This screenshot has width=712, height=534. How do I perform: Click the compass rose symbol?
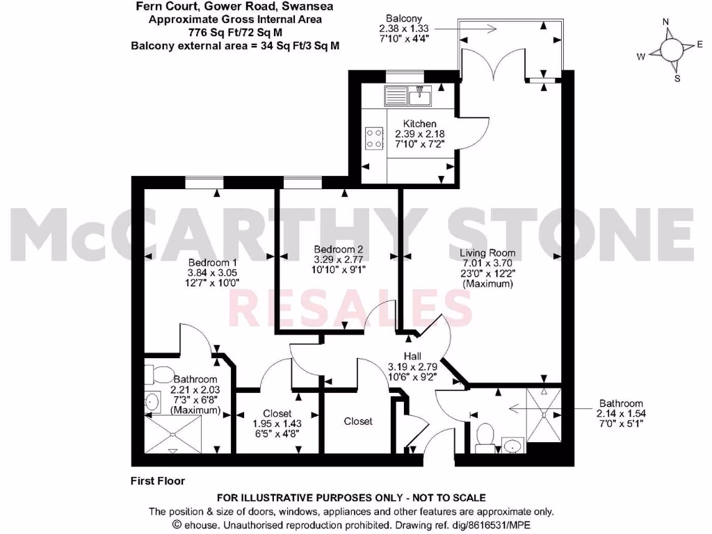click(671, 50)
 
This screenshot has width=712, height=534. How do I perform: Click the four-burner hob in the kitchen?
click(374, 137)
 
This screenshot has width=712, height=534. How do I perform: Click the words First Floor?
click(158, 480)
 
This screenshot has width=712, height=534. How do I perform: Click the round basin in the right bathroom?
click(514, 445)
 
